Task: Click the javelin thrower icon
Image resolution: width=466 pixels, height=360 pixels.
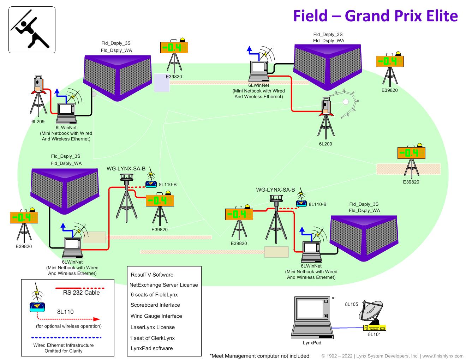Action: pyautogui.click(x=32, y=30)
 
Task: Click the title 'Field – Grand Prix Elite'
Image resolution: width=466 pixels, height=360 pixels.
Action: pyautogui.click(x=375, y=16)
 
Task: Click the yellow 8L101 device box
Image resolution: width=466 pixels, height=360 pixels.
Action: pyautogui.click(x=375, y=328)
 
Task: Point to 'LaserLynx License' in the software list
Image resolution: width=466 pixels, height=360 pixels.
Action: pyautogui.click(x=153, y=327)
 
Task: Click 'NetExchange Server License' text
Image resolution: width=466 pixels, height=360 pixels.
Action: pyautogui.click(x=163, y=285)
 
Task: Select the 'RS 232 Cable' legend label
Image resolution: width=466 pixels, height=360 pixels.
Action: pyautogui.click(x=81, y=293)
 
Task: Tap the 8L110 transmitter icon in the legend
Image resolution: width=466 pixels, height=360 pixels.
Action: pyautogui.click(x=38, y=306)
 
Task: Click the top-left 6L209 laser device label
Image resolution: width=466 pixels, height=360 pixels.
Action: pyautogui.click(x=38, y=121)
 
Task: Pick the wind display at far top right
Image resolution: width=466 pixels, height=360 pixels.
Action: pyautogui.click(x=389, y=61)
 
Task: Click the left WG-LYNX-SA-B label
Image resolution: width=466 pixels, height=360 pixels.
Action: pyautogui.click(x=126, y=169)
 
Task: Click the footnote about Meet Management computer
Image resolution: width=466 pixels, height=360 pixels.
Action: pyautogui.click(x=259, y=356)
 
